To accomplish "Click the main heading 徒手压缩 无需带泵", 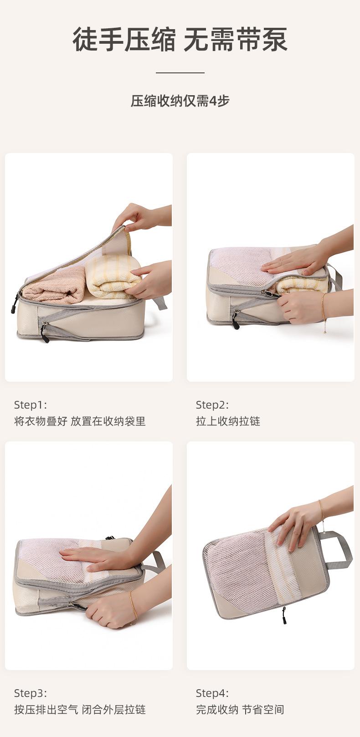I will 180,40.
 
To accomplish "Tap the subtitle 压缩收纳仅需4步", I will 180,101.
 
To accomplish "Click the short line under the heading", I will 180,72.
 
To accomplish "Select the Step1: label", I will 31,405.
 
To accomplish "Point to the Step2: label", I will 212,405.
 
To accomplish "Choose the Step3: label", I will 31,693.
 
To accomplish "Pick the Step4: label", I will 212,693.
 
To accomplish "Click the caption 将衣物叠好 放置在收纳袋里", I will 80,421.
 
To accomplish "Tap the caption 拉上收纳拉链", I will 228,421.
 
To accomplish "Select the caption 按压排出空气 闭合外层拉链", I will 80,710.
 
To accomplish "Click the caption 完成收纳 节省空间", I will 240,710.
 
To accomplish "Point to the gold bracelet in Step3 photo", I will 133,605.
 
